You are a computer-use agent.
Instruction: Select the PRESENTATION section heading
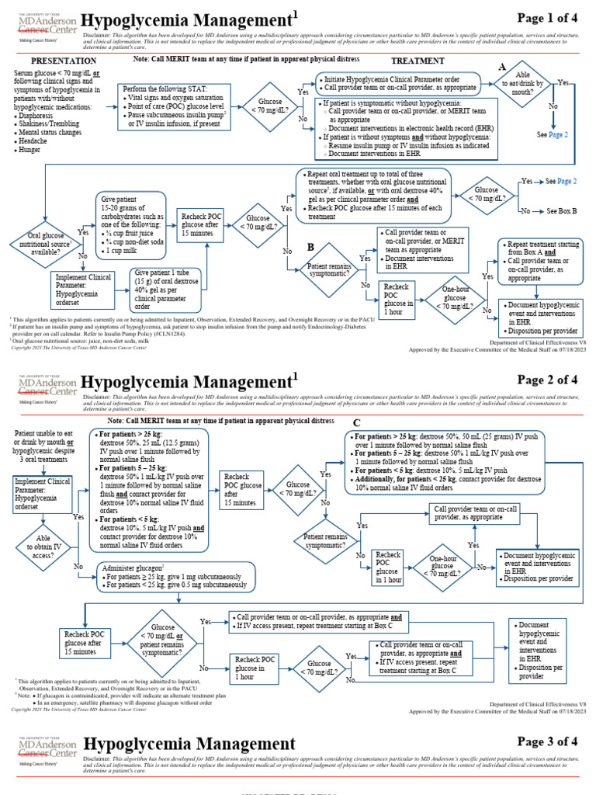tap(63, 61)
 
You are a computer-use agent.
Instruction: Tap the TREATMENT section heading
tap(418, 61)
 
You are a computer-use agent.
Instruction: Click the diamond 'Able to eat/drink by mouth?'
tap(528, 86)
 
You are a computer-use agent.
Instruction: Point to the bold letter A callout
tap(502, 67)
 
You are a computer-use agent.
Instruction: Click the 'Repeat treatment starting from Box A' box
tap(539, 260)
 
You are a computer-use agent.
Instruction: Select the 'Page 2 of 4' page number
tap(547, 380)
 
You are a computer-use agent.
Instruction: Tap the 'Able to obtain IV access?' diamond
tap(43, 546)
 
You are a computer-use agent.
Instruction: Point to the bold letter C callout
tap(357, 422)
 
